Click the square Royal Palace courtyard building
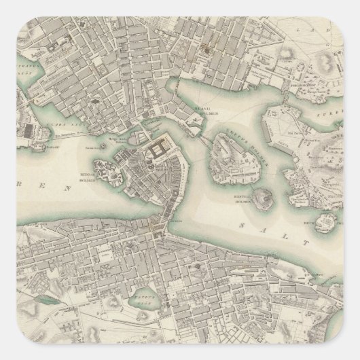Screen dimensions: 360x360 click(162, 149)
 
